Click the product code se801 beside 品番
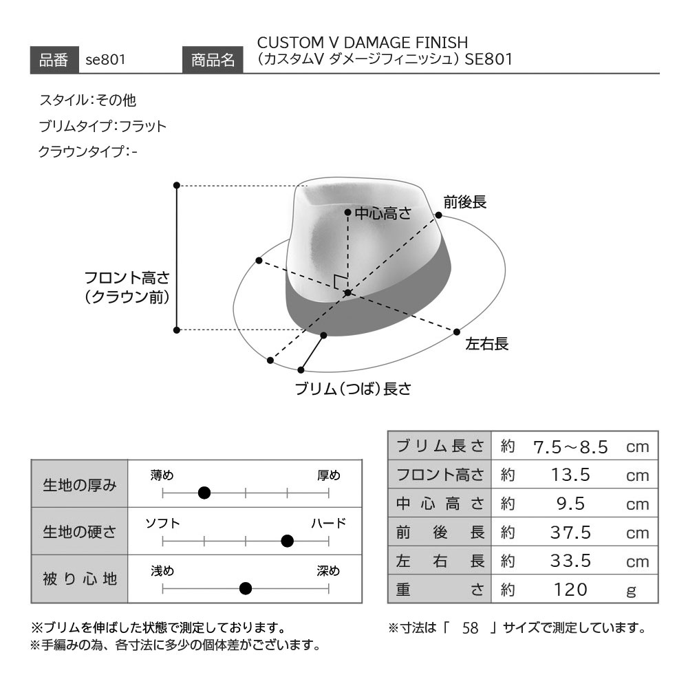pos(105,59)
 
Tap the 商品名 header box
pos(213,60)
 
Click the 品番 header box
pos(54,60)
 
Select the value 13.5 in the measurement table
pos(570,475)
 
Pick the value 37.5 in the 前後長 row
pos(570,533)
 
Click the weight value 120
pos(570,590)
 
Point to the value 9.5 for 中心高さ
pos(570,504)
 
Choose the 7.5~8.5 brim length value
pos(570,447)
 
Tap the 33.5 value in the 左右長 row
pos(570,561)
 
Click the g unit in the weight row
pos(631,591)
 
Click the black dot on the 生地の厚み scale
pos(204,493)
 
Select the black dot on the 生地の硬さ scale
pos(287,541)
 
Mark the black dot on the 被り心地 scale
pos(246,588)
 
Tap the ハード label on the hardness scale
pos(329,523)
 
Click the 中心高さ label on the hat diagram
pos(383,214)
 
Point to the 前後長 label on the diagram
pos(464,202)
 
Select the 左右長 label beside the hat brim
pos(486,344)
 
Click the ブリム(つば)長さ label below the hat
pos(353,389)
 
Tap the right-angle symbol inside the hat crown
pos(339,281)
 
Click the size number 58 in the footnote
pos(470,628)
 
